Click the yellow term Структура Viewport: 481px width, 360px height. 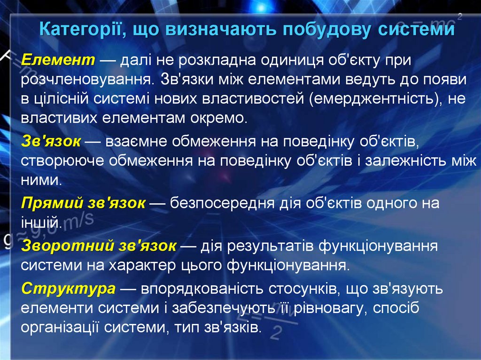(x=69, y=288)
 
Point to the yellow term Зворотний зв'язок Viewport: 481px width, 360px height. (x=99, y=245)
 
